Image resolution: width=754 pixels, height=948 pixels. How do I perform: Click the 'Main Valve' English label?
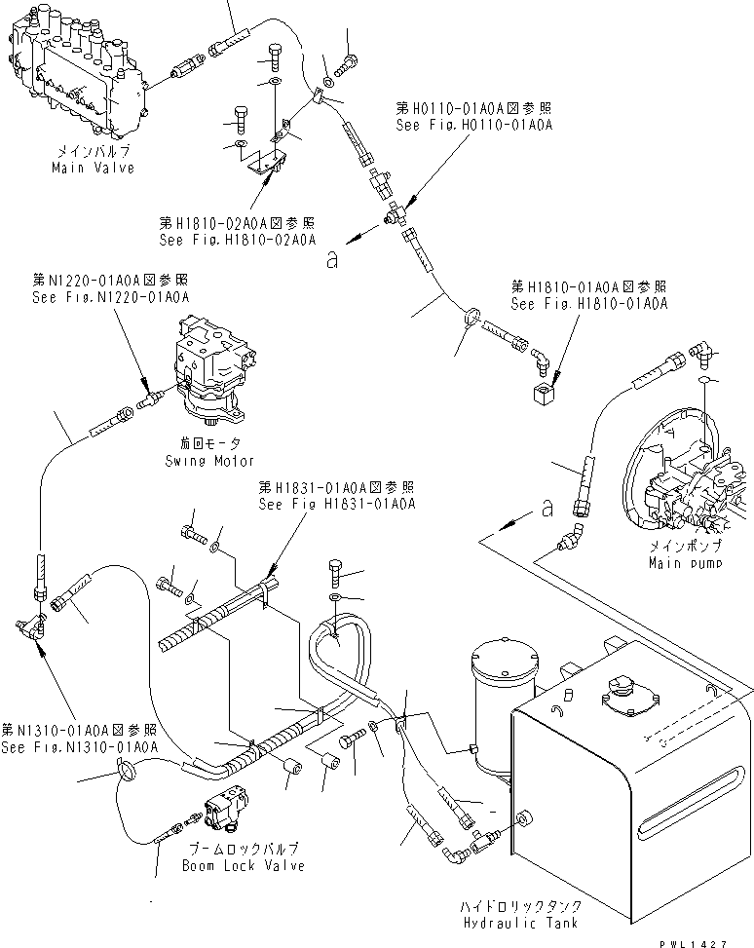(93, 168)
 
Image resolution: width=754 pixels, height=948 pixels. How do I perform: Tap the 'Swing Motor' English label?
(209, 461)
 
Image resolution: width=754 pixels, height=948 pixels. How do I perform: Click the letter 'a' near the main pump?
(547, 508)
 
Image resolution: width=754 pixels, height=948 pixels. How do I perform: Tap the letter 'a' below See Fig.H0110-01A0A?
(334, 259)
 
